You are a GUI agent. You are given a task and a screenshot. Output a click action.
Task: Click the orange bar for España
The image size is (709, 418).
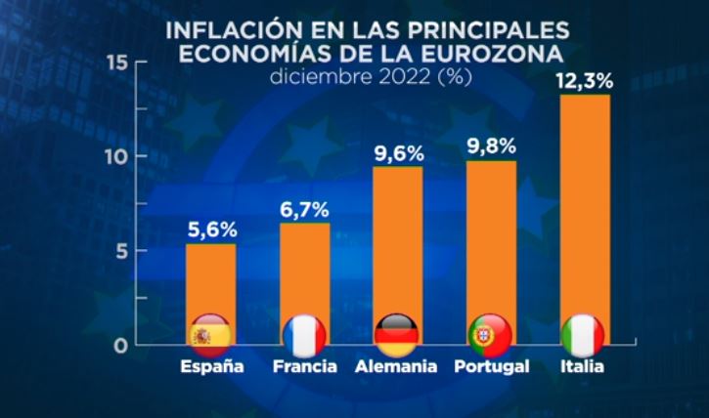pyautogui.click(x=210, y=283)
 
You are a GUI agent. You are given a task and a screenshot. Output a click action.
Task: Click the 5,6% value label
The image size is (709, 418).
pyautogui.click(x=210, y=230)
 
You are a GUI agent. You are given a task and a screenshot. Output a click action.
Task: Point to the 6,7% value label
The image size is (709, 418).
pyautogui.click(x=304, y=209)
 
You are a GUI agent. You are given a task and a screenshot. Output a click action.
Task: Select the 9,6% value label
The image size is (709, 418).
pyautogui.click(x=397, y=153)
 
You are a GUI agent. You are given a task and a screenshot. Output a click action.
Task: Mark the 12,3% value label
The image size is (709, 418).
pyautogui.click(x=584, y=81)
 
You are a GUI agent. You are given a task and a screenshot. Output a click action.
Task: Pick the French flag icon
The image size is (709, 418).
pyautogui.click(x=304, y=336)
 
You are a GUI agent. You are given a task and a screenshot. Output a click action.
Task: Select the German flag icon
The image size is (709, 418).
pyautogui.click(x=397, y=336)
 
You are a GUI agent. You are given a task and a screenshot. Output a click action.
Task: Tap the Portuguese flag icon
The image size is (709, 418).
pyautogui.click(x=490, y=336)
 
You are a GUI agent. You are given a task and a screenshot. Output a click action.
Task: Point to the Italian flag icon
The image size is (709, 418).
pyautogui.click(x=584, y=336)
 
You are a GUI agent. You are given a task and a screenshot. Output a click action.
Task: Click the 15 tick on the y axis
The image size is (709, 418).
pyautogui.click(x=116, y=63)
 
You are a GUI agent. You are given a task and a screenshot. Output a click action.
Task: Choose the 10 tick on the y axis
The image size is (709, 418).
pyautogui.click(x=116, y=156)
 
